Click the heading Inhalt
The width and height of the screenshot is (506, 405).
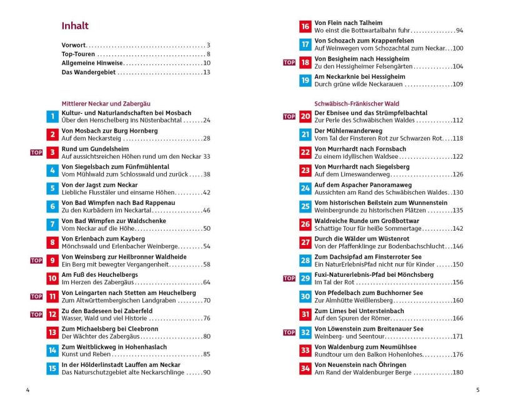[x=75, y=26]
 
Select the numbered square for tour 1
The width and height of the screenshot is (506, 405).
[x=52, y=116]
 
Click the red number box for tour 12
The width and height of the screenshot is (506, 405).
[x=52, y=314]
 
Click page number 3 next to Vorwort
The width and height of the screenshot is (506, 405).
[x=208, y=46]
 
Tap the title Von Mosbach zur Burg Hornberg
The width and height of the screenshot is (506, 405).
[x=109, y=131]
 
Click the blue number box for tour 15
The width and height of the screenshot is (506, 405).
[x=52, y=369]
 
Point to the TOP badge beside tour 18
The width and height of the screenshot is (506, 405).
[x=289, y=62]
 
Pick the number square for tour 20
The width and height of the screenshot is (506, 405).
[x=305, y=116]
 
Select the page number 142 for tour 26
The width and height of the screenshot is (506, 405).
[x=457, y=228]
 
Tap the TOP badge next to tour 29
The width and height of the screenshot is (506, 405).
[x=289, y=278]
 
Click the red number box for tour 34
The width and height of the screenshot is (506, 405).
[x=305, y=369]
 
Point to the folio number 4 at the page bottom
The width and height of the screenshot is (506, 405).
[x=27, y=391]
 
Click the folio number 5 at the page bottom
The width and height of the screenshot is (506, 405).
[x=478, y=391]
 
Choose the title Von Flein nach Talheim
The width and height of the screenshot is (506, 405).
[x=347, y=22]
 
